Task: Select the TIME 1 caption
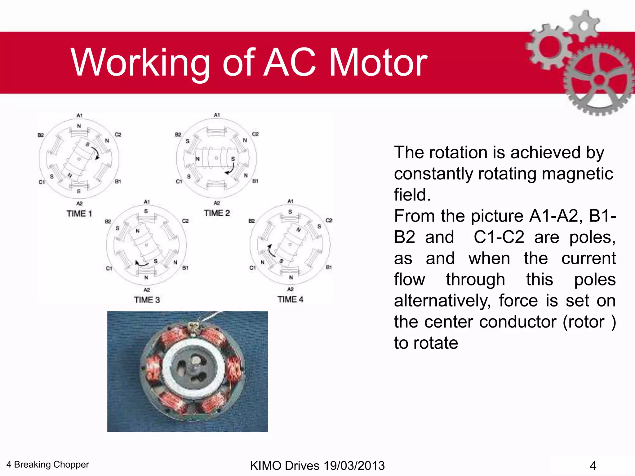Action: click(79, 214)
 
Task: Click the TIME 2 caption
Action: click(217, 213)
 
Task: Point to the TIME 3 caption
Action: click(147, 300)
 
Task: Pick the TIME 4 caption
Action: click(290, 299)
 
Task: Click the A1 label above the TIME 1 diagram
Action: click(79, 115)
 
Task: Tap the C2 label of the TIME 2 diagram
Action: click(255, 134)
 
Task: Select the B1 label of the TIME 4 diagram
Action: click(329, 267)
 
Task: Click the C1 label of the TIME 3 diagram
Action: click(109, 268)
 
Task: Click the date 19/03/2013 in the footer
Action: click(354, 465)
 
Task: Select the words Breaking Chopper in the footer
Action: click(51, 464)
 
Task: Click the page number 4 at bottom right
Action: click(593, 465)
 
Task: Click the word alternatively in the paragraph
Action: click(442, 301)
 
